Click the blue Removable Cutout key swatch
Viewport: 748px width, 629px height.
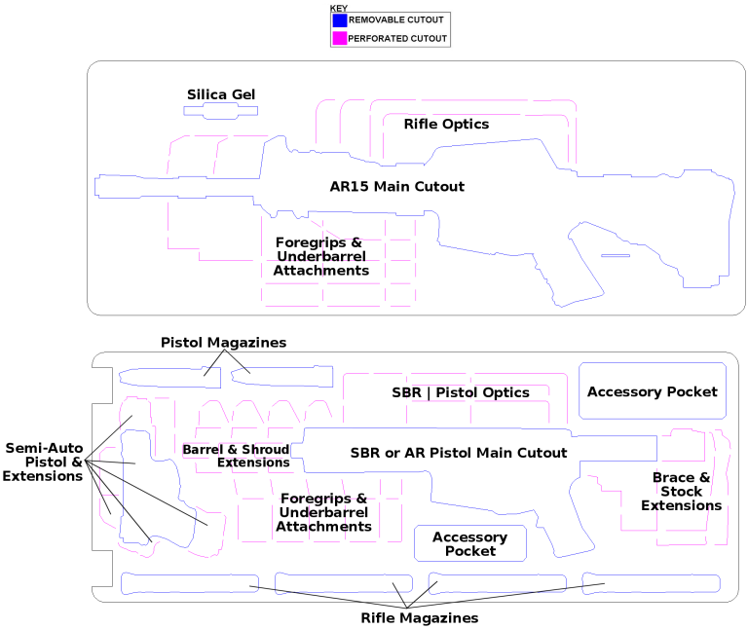(x=339, y=19)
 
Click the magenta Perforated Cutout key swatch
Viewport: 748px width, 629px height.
(x=339, y=39)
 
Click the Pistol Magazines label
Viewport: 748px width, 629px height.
(x=224, y=343)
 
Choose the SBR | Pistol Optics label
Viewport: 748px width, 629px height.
(x=461, y=392)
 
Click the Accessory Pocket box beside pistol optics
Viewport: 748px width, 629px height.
(x=653, y=391)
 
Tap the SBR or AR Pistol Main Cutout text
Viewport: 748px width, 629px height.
(x=459, y=453)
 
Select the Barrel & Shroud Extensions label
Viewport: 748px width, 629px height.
(x=236, y=456)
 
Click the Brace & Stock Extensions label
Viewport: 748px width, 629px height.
(x=682, y=492)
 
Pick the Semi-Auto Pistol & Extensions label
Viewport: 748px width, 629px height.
(x=42, y=462)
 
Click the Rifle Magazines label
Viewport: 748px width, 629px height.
(x=420, y=618)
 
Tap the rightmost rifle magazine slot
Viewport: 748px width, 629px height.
(x=651, y=583)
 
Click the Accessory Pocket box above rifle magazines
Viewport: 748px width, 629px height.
(x=470, y=543)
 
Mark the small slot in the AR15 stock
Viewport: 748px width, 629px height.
(x=616, y=256)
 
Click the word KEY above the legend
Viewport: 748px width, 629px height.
(x=339, y=8)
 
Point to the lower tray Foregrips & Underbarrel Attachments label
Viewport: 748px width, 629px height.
(x=324, y=512)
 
